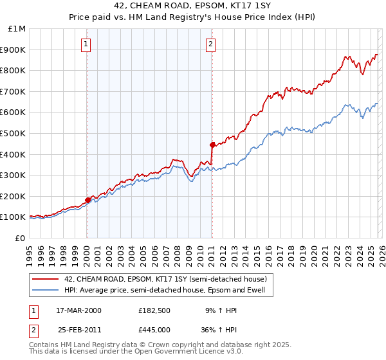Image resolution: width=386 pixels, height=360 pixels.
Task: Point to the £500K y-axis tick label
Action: pyautogui.click(x=13, y=133)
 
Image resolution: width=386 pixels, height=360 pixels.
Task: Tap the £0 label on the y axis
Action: pyautogui.click(x=19, y=238)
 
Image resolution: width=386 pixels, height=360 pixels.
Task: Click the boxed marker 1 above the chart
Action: pyautogui.click(x=86, y=44)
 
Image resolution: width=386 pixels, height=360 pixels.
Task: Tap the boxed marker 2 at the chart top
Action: pyautogui.click(x=210, y=44)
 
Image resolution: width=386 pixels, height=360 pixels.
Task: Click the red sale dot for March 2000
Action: pyautogui.click(x=88, y=200)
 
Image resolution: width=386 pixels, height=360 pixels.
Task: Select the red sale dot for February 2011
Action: pyautogui.click(x=212, y=145)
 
